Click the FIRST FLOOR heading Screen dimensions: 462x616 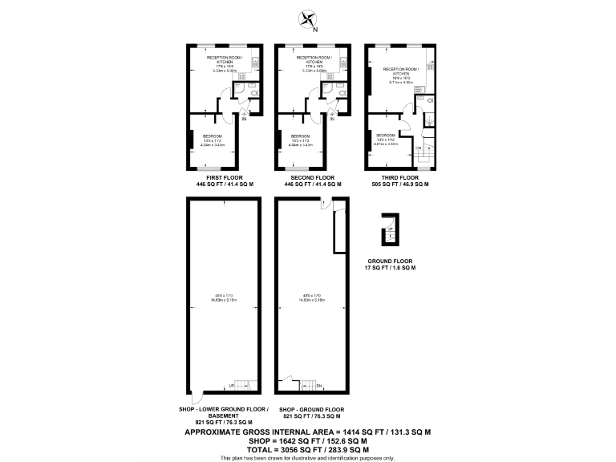225,177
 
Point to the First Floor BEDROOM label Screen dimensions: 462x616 212,136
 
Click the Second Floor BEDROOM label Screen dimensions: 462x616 300,136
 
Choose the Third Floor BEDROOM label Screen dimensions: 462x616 386,135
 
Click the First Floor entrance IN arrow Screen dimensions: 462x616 244,115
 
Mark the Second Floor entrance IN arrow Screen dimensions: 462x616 332,115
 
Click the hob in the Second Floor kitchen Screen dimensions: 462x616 342,61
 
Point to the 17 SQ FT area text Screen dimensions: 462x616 391,268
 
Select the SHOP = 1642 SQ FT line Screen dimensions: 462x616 307,440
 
